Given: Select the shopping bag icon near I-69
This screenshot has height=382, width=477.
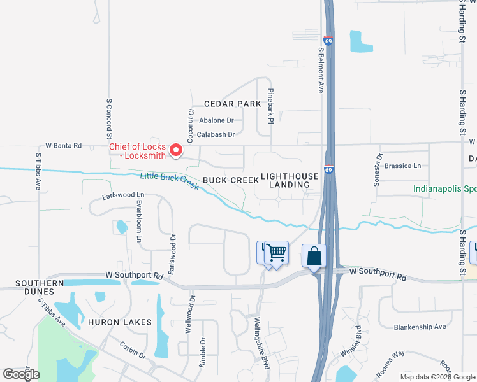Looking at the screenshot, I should point(314,257).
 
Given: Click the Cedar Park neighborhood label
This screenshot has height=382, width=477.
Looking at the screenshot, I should point(233,104).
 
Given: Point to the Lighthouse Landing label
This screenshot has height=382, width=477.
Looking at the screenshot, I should point(290,180).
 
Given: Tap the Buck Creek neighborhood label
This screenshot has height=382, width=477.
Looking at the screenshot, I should point(231,180).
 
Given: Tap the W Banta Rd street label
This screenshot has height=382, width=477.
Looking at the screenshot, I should point(63,146).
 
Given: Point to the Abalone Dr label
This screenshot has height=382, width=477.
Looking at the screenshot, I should point(216,120).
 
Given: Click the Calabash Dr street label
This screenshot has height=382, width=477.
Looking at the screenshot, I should point(216,134).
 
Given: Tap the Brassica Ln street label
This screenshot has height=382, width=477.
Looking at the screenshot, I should point(402,166).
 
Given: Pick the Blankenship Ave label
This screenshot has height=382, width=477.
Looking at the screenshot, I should point(420,327).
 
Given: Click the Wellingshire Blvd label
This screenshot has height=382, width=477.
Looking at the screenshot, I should point(263,343).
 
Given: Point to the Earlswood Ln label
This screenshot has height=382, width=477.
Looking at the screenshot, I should point(122,194).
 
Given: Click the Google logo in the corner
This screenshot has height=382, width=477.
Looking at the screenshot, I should point(22,374).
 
